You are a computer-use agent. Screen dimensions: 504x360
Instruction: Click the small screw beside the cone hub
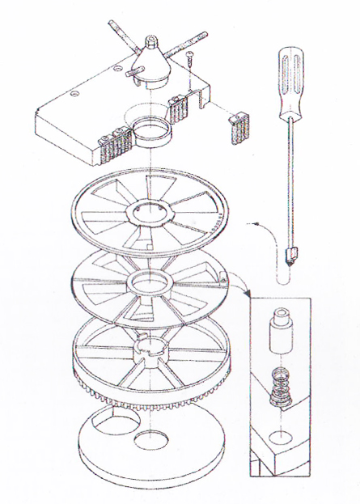pyautogui.click(x=189, y=59)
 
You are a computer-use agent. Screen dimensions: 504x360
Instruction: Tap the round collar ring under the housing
pyautogui.click(x=150, y=130)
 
